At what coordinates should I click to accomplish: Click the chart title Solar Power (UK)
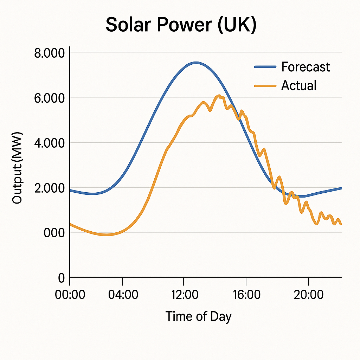click(x=181, y=25)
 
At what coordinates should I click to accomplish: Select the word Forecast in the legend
click(x=306, y=67)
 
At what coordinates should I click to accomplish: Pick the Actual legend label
click(x=299, y=85)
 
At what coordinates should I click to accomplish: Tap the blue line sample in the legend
click(x=265, y=67)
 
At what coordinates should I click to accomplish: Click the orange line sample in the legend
click(x=265, y=85)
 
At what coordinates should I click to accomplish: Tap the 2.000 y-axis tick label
click(x=50, y=188)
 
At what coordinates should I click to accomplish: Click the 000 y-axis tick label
click(x=54, y=233)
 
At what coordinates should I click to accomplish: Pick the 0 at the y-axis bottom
click(x=61, y=278)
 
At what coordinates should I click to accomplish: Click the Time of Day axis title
click(x=199, y=316)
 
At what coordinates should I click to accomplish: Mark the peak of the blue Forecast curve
click(x=196, y=63)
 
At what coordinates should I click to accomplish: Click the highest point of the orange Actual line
click(x=219, y=96)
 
